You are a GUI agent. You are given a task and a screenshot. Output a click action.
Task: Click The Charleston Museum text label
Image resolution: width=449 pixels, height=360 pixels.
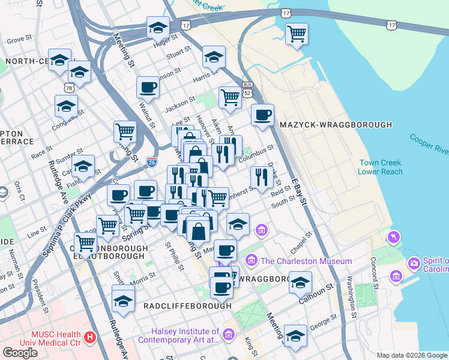[306, 261]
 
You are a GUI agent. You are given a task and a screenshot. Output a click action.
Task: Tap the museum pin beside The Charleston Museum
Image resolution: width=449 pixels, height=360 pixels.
[252, 261]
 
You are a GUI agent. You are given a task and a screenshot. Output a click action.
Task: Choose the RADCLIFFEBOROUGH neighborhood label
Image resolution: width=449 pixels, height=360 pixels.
[187, 305]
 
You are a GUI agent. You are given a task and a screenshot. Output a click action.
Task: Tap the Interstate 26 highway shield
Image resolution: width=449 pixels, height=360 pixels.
[152, 162]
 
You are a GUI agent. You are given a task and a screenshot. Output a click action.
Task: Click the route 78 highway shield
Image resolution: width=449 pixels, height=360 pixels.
[69, 88]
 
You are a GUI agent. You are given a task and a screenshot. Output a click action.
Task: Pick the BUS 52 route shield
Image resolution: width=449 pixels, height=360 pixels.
[247, 89]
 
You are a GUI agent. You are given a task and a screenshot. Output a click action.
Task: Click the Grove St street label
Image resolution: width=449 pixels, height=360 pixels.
[19, 40]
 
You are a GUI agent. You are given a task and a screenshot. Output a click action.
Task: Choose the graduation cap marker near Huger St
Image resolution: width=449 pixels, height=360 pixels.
[158, 27]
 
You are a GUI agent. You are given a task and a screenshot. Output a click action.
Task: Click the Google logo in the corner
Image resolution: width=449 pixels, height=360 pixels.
[20, 352]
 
